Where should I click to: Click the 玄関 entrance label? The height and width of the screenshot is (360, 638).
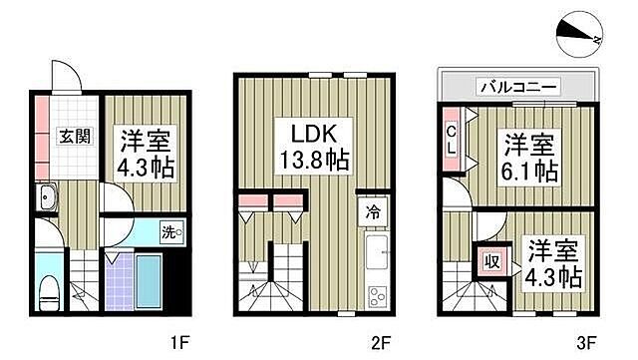pyautogui.click(x=67, y=137)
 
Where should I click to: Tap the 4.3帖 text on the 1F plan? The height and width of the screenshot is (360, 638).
pyautogui.click(x=149, y=167)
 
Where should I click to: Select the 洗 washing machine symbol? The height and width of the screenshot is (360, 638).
pyautogui.click(x=171, y=233)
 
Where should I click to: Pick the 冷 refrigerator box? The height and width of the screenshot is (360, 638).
pyautogui.click(x=369, y=212)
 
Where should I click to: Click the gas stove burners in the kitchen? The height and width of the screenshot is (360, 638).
pyautogui.click(x=378, y=295)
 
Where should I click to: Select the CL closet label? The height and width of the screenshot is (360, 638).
pyautogui.click(x=452, y=138)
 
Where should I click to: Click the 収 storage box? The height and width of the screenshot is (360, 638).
pyautogui.click(x=491, y=262)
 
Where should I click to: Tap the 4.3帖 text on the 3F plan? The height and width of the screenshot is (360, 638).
pyautogui.click(x=556, y=274)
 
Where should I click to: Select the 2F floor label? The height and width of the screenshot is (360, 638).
pyautogui.click(x=380, y=342)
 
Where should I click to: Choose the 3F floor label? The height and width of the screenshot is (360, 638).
pyautogui.click(x=590, y=342)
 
